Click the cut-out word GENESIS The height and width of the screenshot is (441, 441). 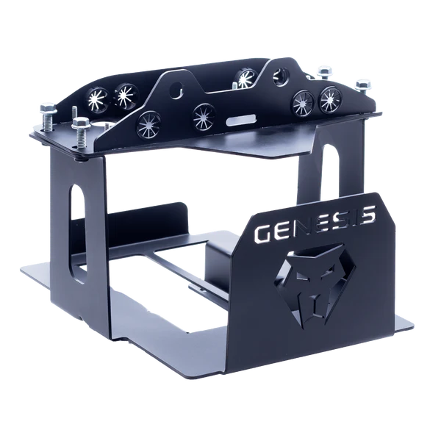coord(315,223)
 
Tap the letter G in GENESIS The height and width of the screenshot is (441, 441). coord(263,233)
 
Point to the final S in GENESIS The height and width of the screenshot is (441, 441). coord(366,214)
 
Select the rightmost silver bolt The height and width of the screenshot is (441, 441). coord(363,86)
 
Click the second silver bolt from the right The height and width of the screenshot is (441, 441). coord(325,72)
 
